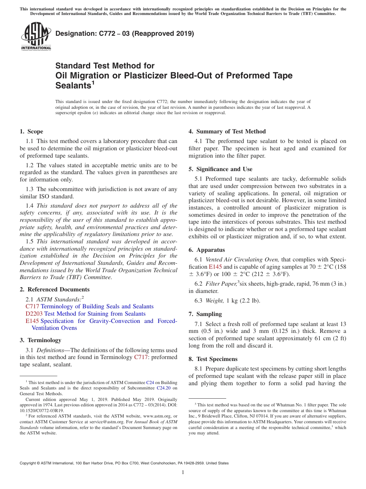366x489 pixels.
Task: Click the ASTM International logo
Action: tap(36, 36)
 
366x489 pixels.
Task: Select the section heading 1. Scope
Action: tap(32, 131)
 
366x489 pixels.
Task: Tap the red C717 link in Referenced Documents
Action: tap(32, 306)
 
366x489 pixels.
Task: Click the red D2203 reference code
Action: tap(34, 314)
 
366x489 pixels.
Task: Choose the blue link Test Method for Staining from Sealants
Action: tap(95, 314)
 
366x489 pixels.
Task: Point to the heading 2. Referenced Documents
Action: tap(54, 289)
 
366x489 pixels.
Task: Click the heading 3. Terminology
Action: tap(40, 340)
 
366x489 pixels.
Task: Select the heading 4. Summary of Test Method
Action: tap(227, 131)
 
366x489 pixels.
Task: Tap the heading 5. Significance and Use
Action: tap(220, 169)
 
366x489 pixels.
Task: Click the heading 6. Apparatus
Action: tap(207, 250)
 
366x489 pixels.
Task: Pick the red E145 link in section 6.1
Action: tap(215, 267)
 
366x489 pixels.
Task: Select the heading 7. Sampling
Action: tap(205, 314)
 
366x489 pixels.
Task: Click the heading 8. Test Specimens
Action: tap(213, 359)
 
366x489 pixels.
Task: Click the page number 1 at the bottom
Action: tap(183, 472)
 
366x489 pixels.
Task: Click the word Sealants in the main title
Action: tap(73, 85)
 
